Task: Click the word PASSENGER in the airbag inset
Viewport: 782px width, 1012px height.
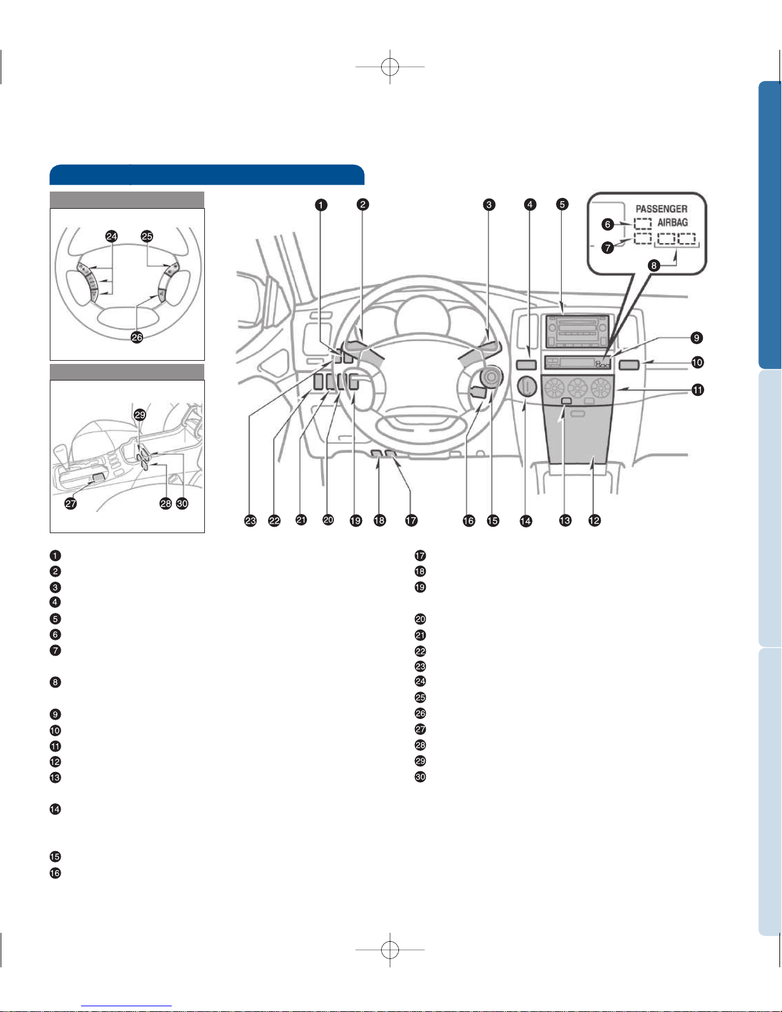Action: point(661,209)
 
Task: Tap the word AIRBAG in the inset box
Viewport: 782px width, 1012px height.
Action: point(673,223)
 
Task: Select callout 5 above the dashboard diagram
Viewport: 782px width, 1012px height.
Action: point(562,204)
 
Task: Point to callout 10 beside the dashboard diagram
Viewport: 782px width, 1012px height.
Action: point(697,362)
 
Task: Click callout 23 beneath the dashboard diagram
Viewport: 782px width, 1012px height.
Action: point(250,520)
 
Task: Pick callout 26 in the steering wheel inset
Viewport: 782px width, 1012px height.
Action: point(137,337)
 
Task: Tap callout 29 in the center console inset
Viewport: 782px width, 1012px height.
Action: point(140,414)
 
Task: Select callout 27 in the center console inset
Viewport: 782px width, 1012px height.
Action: point(71,503)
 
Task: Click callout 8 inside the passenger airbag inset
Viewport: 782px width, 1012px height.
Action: point(654,266)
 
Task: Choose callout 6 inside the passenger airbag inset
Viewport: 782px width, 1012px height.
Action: point(608,225)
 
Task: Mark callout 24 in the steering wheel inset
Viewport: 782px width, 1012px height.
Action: point(112,236)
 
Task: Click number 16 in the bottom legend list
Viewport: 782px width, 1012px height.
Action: point(55,873)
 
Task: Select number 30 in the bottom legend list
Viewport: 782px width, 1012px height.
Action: point(420,776)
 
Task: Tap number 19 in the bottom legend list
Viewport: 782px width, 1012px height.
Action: point(420,587)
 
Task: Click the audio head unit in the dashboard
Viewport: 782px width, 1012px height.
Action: point(578,331)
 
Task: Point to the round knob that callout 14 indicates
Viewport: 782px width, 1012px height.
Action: point(527,386)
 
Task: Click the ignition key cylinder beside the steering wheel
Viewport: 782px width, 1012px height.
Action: point(492,376)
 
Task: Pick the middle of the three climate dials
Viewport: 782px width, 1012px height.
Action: point(577,388)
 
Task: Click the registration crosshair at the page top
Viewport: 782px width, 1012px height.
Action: point(390,66)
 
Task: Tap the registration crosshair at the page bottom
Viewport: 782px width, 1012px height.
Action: point(390,949)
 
